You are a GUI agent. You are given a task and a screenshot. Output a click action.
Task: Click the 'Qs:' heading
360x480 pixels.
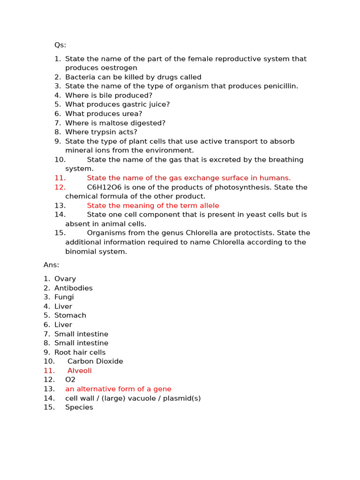coord(60,45)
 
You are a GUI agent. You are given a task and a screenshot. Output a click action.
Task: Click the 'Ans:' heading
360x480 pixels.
coord(52,265)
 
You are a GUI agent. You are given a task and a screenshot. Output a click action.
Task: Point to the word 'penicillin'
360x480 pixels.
coord(279,86)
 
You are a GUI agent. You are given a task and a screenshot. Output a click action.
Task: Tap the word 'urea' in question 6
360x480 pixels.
coord(132,114)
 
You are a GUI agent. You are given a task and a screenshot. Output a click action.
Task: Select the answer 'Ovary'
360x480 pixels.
coord(65,279)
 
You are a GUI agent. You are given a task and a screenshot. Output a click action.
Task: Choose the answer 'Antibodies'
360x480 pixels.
coord(73,288)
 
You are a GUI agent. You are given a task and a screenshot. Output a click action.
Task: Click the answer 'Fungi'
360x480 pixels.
coord(64,297)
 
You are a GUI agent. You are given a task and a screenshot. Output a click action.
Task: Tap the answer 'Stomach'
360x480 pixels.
coord(70,315)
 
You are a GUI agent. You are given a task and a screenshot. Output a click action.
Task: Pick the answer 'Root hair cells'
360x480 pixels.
coord(80,352)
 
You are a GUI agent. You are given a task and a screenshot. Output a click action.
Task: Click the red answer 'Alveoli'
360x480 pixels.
coord(79,371)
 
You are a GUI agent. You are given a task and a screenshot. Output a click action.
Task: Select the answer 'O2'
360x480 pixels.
coord(70,380)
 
